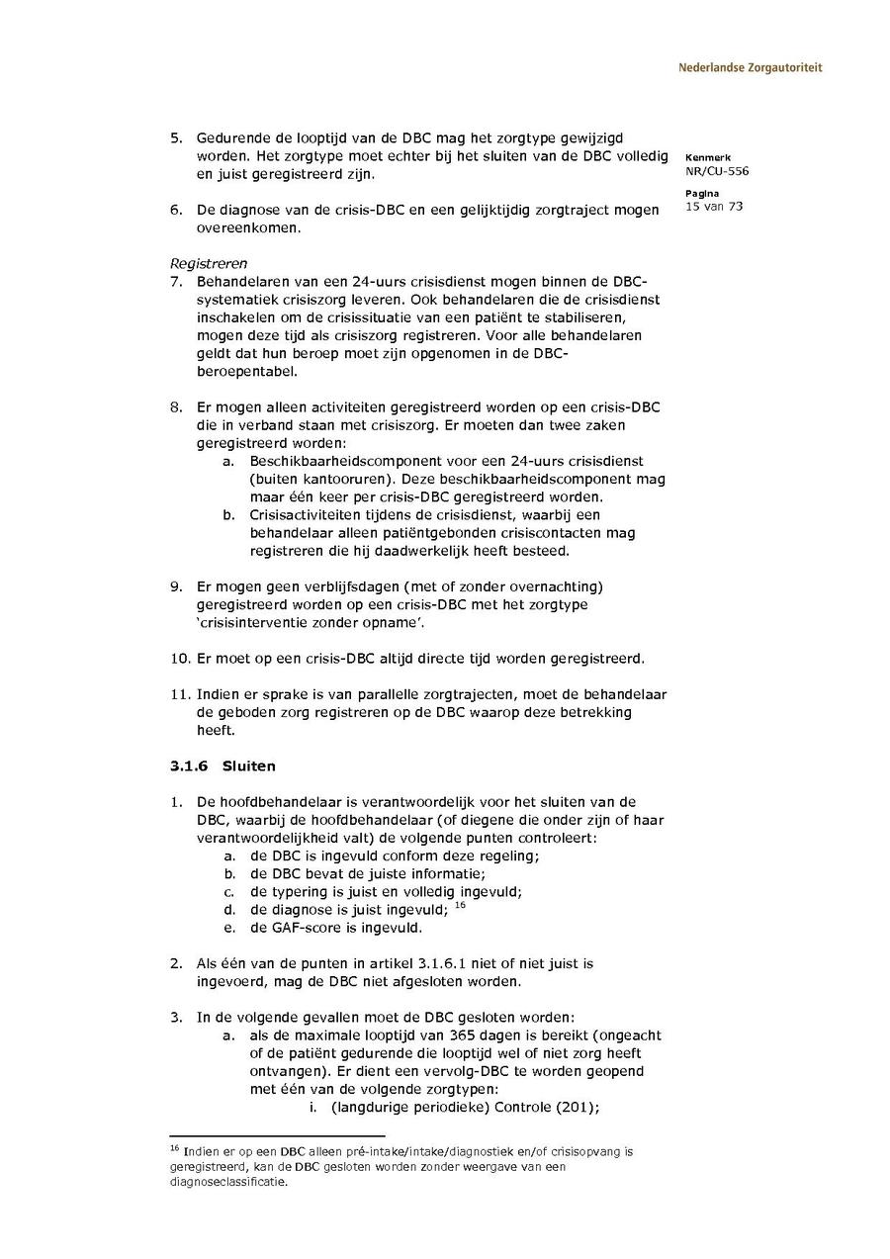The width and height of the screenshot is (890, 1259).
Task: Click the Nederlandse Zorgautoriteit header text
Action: click(x=750, y=68)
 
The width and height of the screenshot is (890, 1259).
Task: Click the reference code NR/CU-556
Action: click(x=716, y=170)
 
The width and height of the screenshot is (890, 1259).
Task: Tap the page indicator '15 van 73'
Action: click(x=713, y=206)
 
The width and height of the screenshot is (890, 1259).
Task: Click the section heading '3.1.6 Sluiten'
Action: click(x=222, y=766)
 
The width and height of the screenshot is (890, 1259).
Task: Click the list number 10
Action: click(x=178, y=659)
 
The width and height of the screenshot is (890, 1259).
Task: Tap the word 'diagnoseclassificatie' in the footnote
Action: click(x=228, y=1181)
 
